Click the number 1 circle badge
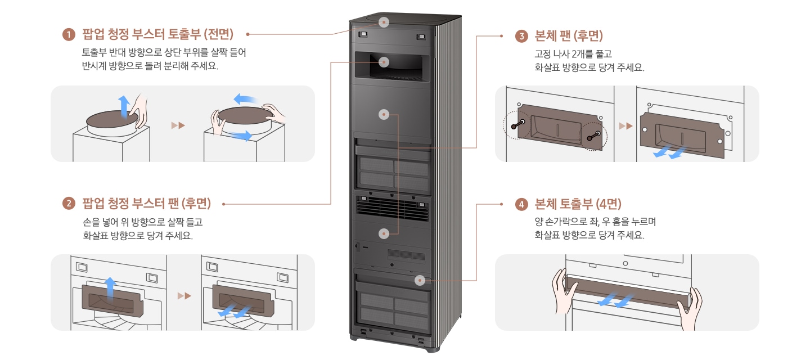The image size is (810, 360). click(x=69, y=34)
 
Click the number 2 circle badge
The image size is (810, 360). click(x=69, y=203)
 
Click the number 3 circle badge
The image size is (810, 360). click(x=521, y=37)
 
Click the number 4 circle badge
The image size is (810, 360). click(x=521, y=204)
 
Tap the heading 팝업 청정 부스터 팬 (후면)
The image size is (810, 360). click(x=146, y=203)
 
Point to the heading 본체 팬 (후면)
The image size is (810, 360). click(x=568, y=37)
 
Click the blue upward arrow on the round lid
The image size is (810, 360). click(x=123, y=106)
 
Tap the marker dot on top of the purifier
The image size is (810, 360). click(x=384, y=22)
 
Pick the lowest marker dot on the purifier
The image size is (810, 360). click(x=419, y=280)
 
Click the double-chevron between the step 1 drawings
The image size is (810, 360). click(x=178, y=125)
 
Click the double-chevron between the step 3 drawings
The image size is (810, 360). click(x=625, y=125)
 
